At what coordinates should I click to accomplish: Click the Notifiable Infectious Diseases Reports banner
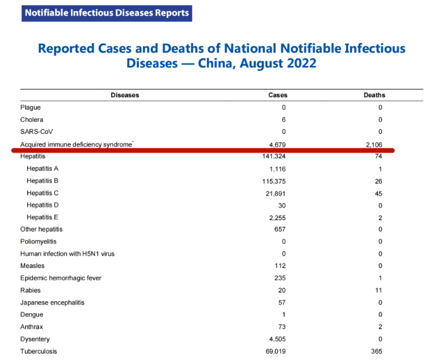coord(107,12)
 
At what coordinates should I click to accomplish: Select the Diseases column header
coord(124,95)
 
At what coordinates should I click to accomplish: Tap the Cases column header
coord(278,95)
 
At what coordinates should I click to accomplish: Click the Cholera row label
coord(32,119)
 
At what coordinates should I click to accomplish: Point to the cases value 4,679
coord(277,144)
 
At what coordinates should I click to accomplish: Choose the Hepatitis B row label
coord(42,181)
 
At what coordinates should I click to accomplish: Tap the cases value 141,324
coord(274,156)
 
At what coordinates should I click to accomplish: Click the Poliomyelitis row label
coord(38,242)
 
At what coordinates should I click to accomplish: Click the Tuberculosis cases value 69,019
coord(276,352)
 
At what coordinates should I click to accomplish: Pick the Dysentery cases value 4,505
coord(277,339)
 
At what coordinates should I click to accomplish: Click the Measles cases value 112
coord(280,266)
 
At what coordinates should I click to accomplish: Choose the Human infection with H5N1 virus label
coord(67,254)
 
